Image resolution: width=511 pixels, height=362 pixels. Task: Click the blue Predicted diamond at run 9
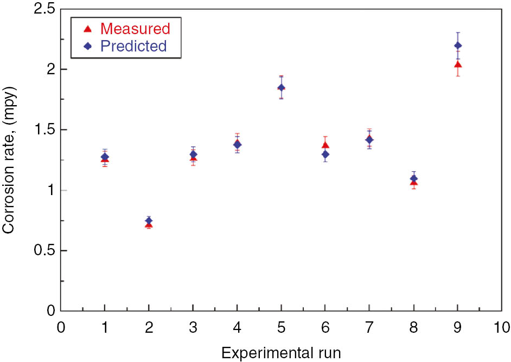458,46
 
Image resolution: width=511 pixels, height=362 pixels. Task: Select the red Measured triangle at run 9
458,65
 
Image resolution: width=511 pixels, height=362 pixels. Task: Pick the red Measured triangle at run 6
325,145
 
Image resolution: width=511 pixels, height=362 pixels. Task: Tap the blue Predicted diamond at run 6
325,154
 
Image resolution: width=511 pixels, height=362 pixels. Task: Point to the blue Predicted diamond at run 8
414,178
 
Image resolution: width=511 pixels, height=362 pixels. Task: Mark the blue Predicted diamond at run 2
149,221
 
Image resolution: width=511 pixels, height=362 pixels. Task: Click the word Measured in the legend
135,28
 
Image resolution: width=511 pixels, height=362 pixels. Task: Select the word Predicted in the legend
133,46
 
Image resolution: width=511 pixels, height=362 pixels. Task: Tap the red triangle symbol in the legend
87,28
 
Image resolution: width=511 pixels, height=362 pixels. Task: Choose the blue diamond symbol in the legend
87,46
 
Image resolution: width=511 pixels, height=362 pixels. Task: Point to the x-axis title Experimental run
281,353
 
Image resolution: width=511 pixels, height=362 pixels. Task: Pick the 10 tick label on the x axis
501,327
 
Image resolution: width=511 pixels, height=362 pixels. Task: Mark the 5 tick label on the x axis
281,327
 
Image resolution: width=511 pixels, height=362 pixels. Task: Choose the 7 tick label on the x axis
369,327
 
